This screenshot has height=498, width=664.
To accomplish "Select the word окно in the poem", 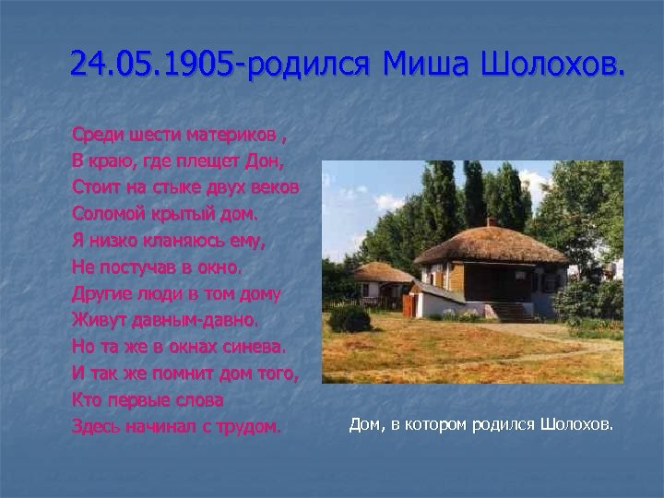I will (219, 268).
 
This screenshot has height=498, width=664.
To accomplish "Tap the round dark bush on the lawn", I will (349, 319).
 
